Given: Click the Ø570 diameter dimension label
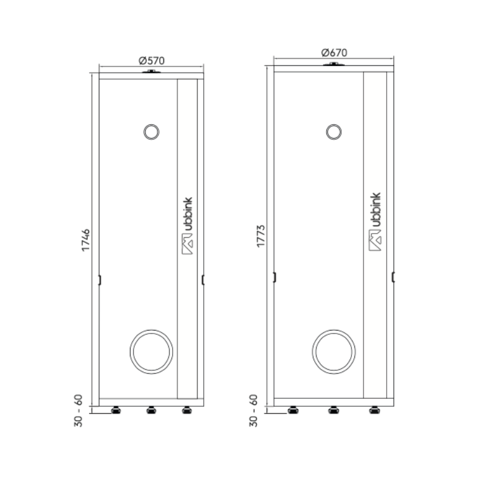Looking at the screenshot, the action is [151, 60].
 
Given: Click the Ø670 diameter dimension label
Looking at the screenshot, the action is [334, 52].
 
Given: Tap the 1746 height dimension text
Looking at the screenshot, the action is [85, 240].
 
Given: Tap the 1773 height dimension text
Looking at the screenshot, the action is [261, 236].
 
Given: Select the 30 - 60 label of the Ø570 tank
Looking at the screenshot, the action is [79, 411].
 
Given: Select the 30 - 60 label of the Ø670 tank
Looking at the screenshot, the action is [254, 411].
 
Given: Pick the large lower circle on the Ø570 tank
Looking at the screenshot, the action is [151, 330].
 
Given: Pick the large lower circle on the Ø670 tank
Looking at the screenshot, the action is [334, 330].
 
